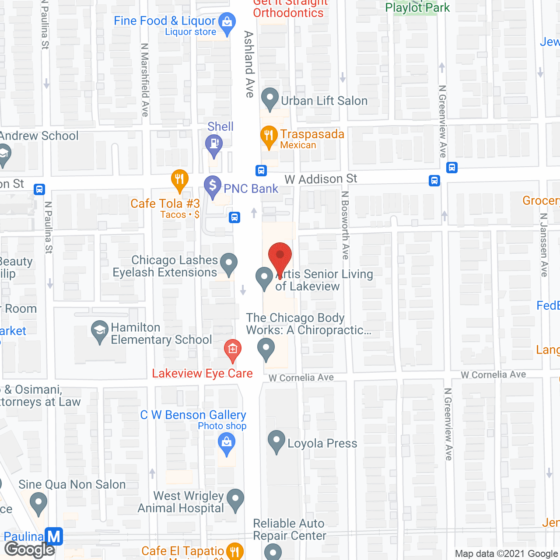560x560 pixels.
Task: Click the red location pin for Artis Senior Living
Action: pyautogui.click(x=280, y=256)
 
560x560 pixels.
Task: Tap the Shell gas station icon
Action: pyautogui.click(x=214, y=144)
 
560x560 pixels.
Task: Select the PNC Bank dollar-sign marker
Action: pyautogui.click(x=213, y=185)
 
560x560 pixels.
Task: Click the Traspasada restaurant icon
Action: pyautogui.click(x=269, y=136)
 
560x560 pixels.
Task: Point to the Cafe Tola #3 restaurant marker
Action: pyautogui.click(x=179, y=179)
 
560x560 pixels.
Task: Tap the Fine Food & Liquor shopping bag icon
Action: pyautogui.click(x=227, y=22)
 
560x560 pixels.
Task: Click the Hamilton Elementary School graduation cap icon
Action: pyautogui.click(x=100, y=331)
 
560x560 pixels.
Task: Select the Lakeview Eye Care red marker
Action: pyautogui.click(x=233, y=350)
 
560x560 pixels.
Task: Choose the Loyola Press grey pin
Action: pyautogui.click(x=276, y=441)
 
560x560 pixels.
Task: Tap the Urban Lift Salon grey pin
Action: pyautogui.click(x=270, y=98)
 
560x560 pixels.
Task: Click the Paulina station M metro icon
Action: pyautogui.click(x=54, y=537)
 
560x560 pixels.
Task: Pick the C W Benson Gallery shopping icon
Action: pyautogui.click(x=227, y=443)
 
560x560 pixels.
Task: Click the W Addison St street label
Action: pyautogui.click(x=321, y=179)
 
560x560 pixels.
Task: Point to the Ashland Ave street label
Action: pyautogui.click(x=249, y=64)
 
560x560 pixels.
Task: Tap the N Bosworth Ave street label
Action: pyautogui.click(x=345, y=225)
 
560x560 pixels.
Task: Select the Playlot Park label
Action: pyautogui.click(x=417, y=8)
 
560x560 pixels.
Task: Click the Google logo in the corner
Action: pyautogui.click(x=30, y=549)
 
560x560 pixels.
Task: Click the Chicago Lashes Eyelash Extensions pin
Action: pyautogui.click(x=228, y=264)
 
